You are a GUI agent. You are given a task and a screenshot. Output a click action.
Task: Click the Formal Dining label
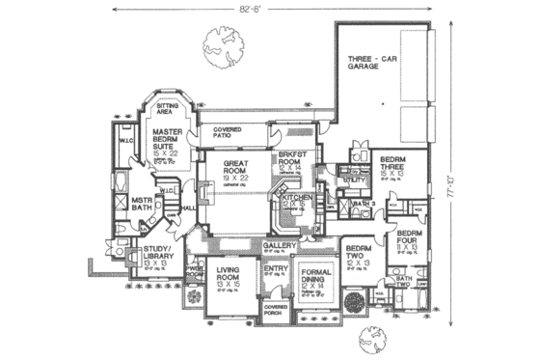point(315,275)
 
